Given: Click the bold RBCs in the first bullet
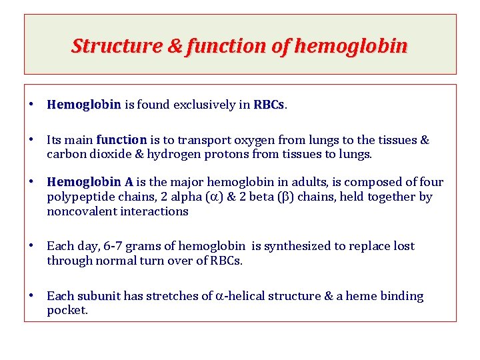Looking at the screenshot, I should pos(269,105).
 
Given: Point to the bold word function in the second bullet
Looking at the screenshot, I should pos(121,140).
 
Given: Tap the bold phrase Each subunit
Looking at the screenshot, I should pos(83,296).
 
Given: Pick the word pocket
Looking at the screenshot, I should pos(67,311).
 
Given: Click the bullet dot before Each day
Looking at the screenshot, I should pos(31,246).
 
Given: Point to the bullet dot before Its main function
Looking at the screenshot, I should pos(31,140).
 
